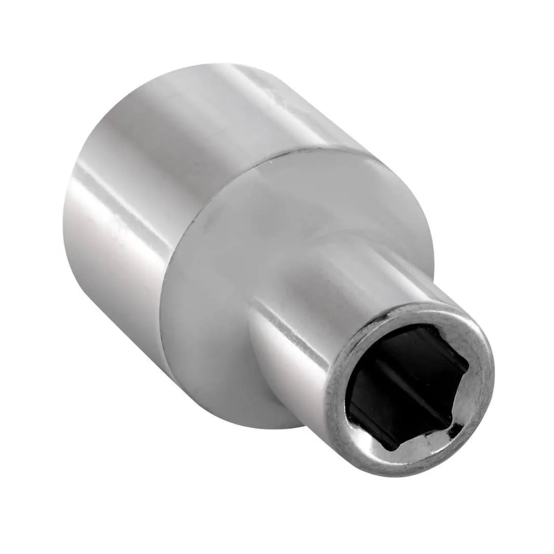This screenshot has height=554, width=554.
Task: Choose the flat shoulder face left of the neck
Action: [205, 287]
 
